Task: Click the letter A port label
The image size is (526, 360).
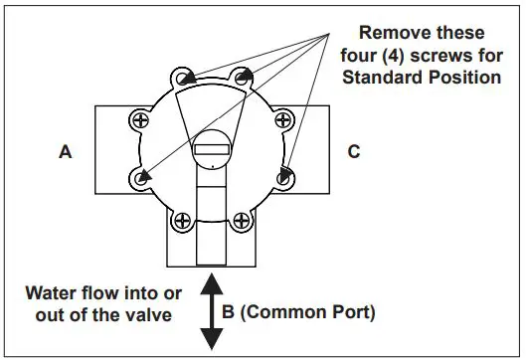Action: coord(66,152)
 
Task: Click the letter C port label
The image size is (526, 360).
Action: coord(354,152)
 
